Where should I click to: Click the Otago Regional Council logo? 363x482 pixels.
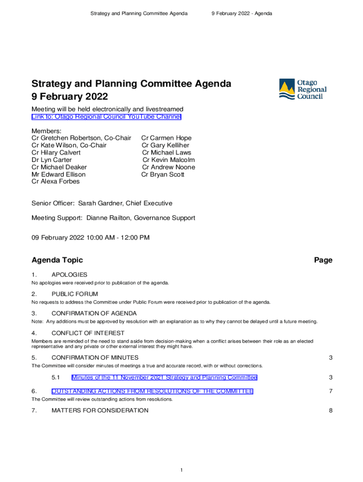pyautogui.click(x=303, y=89)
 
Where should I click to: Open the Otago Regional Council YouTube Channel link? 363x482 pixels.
pyautogui.click(x=106, y=117)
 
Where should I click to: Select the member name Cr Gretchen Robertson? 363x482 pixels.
pyautogui.click(x=66, y=138)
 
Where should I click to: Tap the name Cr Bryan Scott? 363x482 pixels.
pyautogui.click(x=163, y=175)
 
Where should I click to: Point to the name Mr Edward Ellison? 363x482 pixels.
pyautogui.click(x=58, y=175)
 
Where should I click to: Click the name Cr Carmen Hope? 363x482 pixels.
pyautogui.click(x=166, y=138)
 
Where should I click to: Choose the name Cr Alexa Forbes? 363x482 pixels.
pyautogui.click(x=56, y=182)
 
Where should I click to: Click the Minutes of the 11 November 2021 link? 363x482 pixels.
pyautogui.click(x=164, y=378)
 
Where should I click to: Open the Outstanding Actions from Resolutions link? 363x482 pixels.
pyautogui.click(x=152, y=391)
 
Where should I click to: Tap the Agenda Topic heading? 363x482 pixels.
pyautogui.click(x=57, y=260)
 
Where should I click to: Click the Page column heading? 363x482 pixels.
pyautogui.click(x=323, y=260)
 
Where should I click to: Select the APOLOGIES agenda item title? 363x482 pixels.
pyautogui.click(x=69, y=274)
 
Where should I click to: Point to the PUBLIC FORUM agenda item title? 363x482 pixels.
pyautogui.click(x=74, y=294)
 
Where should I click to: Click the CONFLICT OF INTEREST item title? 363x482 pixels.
pyautogui.click(x=88, y=333)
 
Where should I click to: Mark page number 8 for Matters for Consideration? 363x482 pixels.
pyautogui.click(x=331, y=410)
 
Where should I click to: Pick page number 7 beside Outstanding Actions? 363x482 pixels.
pyautogui.click(x=331, y=391)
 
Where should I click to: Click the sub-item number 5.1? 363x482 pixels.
pyautogui.click(x=56, y=378)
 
